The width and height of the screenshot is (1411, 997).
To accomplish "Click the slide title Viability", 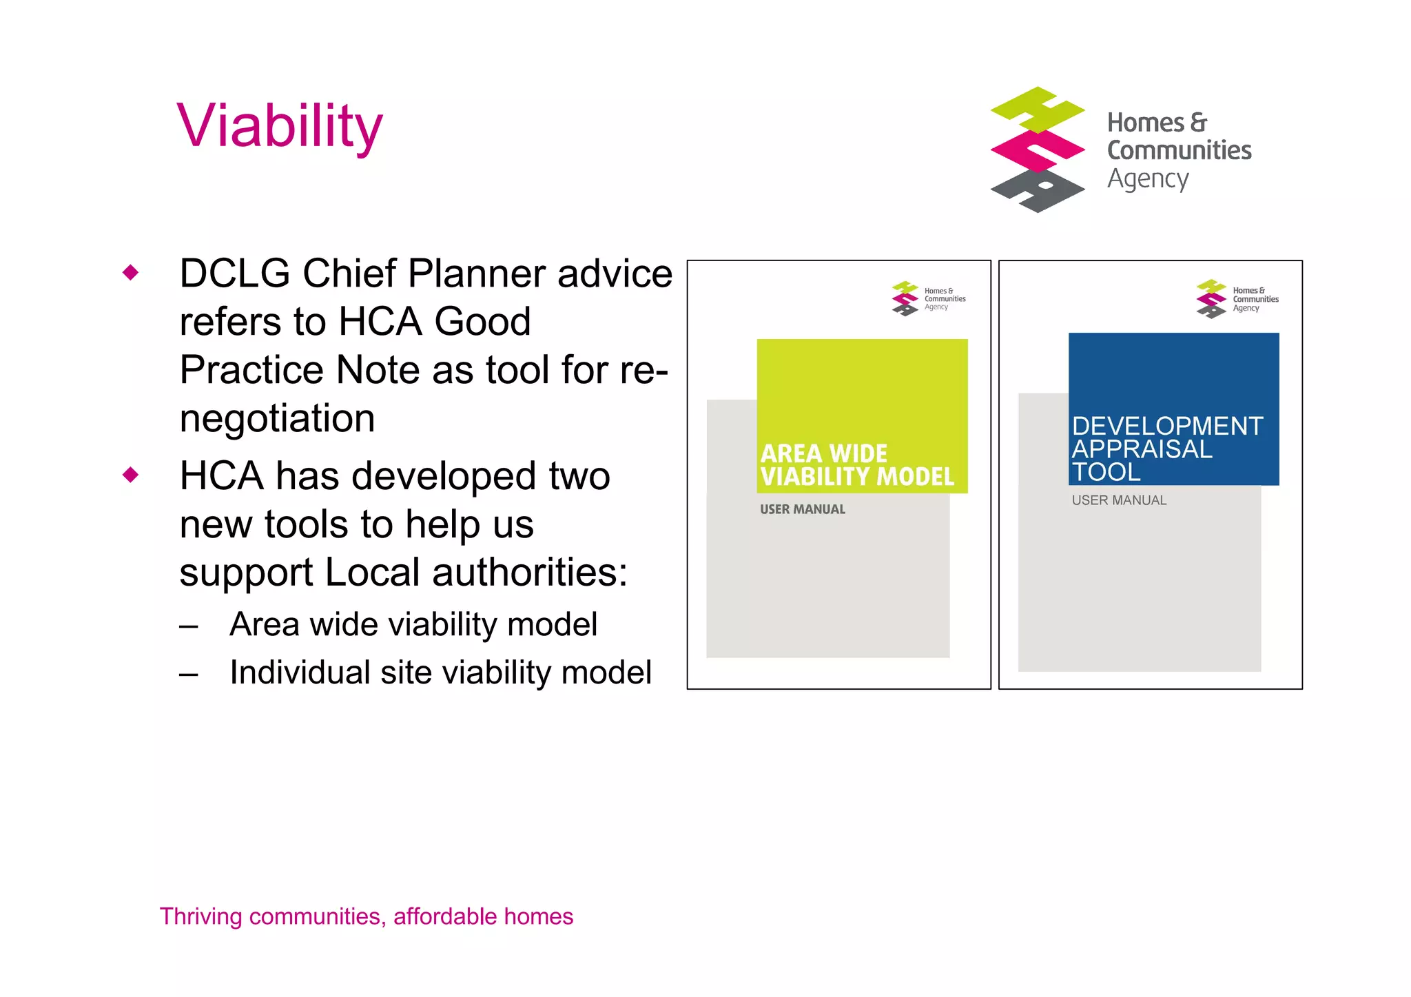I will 279,126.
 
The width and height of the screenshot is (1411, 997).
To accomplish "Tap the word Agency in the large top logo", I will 1147,179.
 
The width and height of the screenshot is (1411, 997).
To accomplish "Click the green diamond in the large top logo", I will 1038,110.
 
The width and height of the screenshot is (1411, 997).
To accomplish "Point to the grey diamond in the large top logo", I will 1038,191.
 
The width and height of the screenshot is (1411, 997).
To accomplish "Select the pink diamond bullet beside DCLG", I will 130,273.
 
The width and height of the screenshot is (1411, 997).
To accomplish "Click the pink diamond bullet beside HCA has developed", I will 130,475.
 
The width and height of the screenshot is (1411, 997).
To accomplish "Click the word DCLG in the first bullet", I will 234,274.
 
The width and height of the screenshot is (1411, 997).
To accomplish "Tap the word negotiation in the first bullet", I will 277,418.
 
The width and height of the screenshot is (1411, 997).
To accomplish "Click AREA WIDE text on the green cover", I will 823,454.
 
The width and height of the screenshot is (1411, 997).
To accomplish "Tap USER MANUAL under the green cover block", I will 802,510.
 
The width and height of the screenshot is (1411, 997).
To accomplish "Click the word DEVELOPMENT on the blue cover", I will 1167,426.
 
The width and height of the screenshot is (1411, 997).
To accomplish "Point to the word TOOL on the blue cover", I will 1106,473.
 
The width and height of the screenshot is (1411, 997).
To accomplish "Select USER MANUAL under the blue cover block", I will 1119,501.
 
